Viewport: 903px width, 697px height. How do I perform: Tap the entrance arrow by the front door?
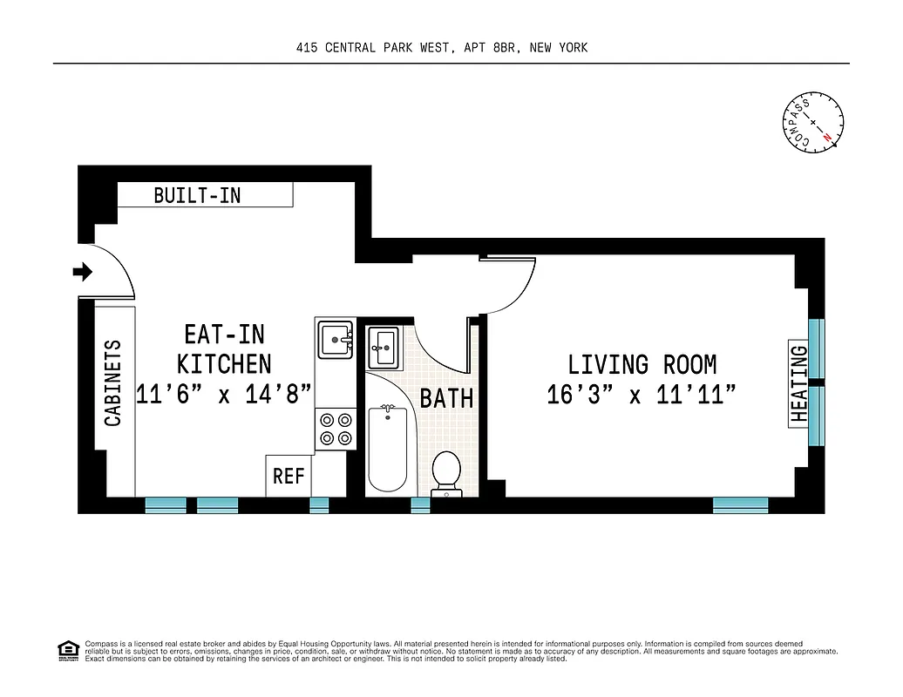[x=82, y=273]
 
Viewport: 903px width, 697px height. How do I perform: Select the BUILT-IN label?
[x=197, y=195]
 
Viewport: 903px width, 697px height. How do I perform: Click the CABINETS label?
[x=113, y=382]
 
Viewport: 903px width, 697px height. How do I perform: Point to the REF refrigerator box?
[x=289, y=476]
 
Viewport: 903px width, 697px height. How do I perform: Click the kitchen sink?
[x=336, y=339]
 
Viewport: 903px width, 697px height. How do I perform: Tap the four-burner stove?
[x=336, y=428]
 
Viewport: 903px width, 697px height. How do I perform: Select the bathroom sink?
[x=383, y=348]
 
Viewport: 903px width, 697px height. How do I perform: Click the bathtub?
[x=387, y=450]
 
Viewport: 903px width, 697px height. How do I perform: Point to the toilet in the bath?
[x=446, y=471]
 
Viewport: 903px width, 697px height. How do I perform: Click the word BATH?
[x=446, y=399]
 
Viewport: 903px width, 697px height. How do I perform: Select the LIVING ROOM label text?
[x=642, y=364]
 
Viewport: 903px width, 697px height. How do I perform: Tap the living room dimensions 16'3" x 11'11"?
[x=642, y=395]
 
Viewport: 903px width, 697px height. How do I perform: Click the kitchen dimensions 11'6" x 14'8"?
[x=224, y=394]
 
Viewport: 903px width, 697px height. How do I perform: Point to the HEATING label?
[x=799, y=384]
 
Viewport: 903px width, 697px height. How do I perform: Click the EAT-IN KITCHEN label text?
[x=224, y=348]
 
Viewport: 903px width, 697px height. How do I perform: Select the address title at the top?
[x=442, y=48]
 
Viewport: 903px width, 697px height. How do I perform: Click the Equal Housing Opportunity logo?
[x=66, y=650]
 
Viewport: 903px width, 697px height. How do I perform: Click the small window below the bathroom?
[x=420, y=505]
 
